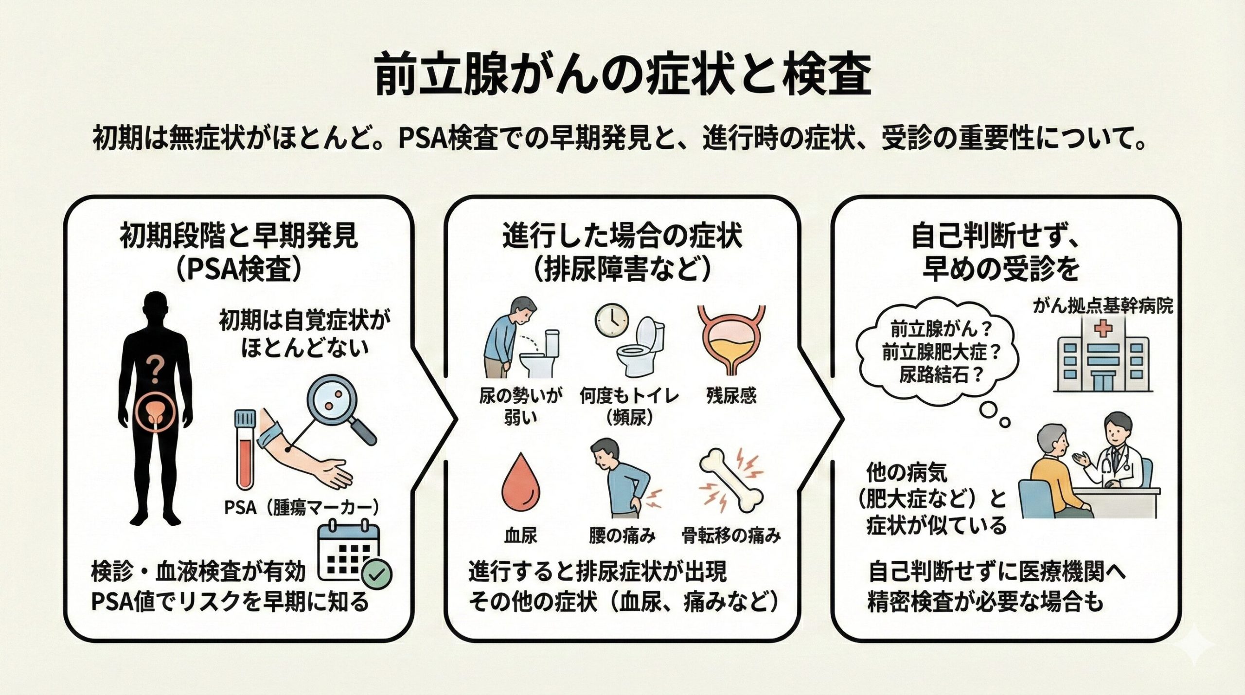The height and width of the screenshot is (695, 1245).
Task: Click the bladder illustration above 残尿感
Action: [x=731, y=340]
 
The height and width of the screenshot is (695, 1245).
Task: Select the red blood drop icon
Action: [x=521, y=481]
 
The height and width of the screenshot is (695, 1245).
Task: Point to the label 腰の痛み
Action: [x=622, y=535]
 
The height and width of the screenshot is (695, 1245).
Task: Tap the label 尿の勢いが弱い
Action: [x=520, y=407]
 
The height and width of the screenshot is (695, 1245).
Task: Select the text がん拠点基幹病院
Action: [x=1103, y=306]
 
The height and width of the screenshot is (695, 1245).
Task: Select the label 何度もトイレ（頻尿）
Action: [x=629, y=407]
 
